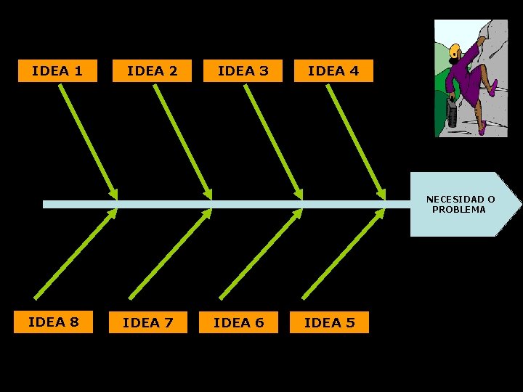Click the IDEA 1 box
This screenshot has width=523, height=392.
click(57, 71)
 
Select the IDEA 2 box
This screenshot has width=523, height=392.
click(152, 71)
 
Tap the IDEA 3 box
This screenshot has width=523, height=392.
click(243, 71)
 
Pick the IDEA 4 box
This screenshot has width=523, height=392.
click(333, 71)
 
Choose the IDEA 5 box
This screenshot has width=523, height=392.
click(329, 322)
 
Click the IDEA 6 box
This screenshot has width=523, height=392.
click(238, 322)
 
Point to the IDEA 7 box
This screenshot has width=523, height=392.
click(148, 322)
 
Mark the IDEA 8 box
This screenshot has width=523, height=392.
click(54, 322)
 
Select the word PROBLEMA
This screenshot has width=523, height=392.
click(459, 210)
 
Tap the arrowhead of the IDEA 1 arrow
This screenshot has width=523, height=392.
click(113, 194)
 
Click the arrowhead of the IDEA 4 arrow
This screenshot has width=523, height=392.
click(381, 194)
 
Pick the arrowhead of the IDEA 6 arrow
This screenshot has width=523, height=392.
click(298, 213)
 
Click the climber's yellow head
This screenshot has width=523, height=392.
click(455, 52)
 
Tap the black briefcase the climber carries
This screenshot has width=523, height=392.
click(453, 115)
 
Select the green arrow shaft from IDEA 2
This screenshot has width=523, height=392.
click(181, 138)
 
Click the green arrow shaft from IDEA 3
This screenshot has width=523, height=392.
click(272, 138)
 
